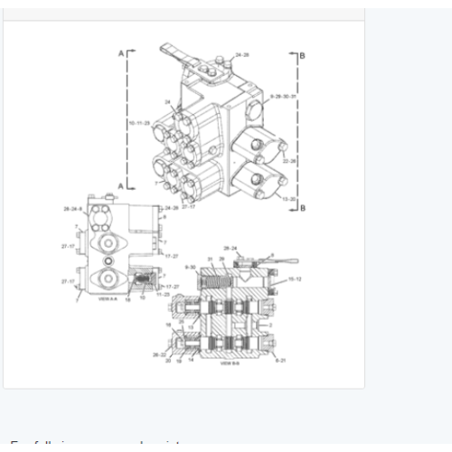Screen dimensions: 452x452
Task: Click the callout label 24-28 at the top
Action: click(242, 55)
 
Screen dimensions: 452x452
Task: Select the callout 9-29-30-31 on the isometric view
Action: click(282, 94)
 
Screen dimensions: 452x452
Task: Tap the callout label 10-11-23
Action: click(140, 120)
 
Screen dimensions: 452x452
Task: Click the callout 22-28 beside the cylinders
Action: click(289, 160)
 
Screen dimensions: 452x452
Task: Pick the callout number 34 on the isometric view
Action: click(167, 101)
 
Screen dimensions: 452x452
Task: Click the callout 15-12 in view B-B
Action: click(295, 280)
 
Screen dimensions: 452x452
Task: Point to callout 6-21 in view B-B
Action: click(282, 360)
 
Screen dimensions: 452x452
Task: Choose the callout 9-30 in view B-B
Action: click(191, 268)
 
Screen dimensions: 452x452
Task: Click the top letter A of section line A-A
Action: click(121, 54)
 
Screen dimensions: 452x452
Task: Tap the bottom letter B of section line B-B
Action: click(302, 208)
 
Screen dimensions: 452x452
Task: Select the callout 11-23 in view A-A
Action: click(164, 295)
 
